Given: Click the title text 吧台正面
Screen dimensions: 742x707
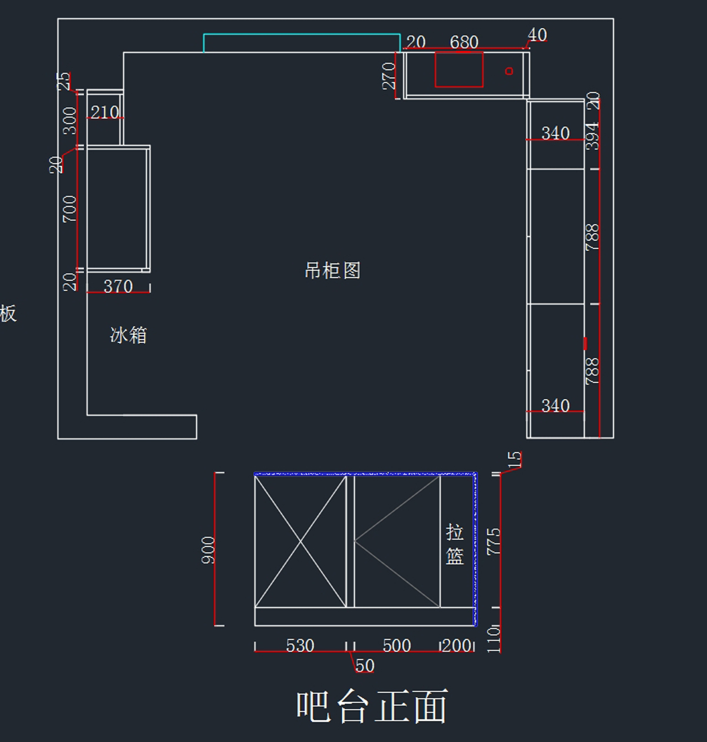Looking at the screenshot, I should (372, 706).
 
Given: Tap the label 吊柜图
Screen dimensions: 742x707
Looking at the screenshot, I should (332, 271).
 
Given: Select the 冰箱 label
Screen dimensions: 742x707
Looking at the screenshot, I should (128, 335).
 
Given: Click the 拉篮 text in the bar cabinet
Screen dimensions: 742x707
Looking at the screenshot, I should (454, 544).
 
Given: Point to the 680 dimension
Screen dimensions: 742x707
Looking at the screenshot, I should (464, 42).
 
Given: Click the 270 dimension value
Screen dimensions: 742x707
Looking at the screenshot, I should (389, 75).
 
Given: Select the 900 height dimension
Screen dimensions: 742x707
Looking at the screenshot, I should (208, 550).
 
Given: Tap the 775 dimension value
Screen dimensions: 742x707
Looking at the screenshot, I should (494, 541).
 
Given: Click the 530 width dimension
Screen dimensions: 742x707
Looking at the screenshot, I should (300, 645).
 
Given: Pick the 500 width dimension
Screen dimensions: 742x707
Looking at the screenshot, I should (397, 645).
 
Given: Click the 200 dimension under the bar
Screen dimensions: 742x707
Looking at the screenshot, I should (457, 645).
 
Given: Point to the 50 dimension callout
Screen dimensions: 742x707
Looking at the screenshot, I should (365, 666).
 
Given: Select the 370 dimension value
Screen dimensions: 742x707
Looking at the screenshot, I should (118, 286).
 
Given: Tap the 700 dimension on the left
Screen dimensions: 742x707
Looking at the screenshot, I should (70, 208).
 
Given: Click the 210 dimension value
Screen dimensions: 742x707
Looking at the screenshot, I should (105, 112).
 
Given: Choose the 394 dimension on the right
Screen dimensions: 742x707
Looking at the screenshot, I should (592, 136).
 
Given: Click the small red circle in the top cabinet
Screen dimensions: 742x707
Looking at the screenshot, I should (509, 71).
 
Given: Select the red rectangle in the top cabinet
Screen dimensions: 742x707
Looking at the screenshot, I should (459, 69).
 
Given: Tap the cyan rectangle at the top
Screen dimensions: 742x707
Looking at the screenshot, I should (302, 43).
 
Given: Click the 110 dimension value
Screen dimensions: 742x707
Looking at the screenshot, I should (494, 638).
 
